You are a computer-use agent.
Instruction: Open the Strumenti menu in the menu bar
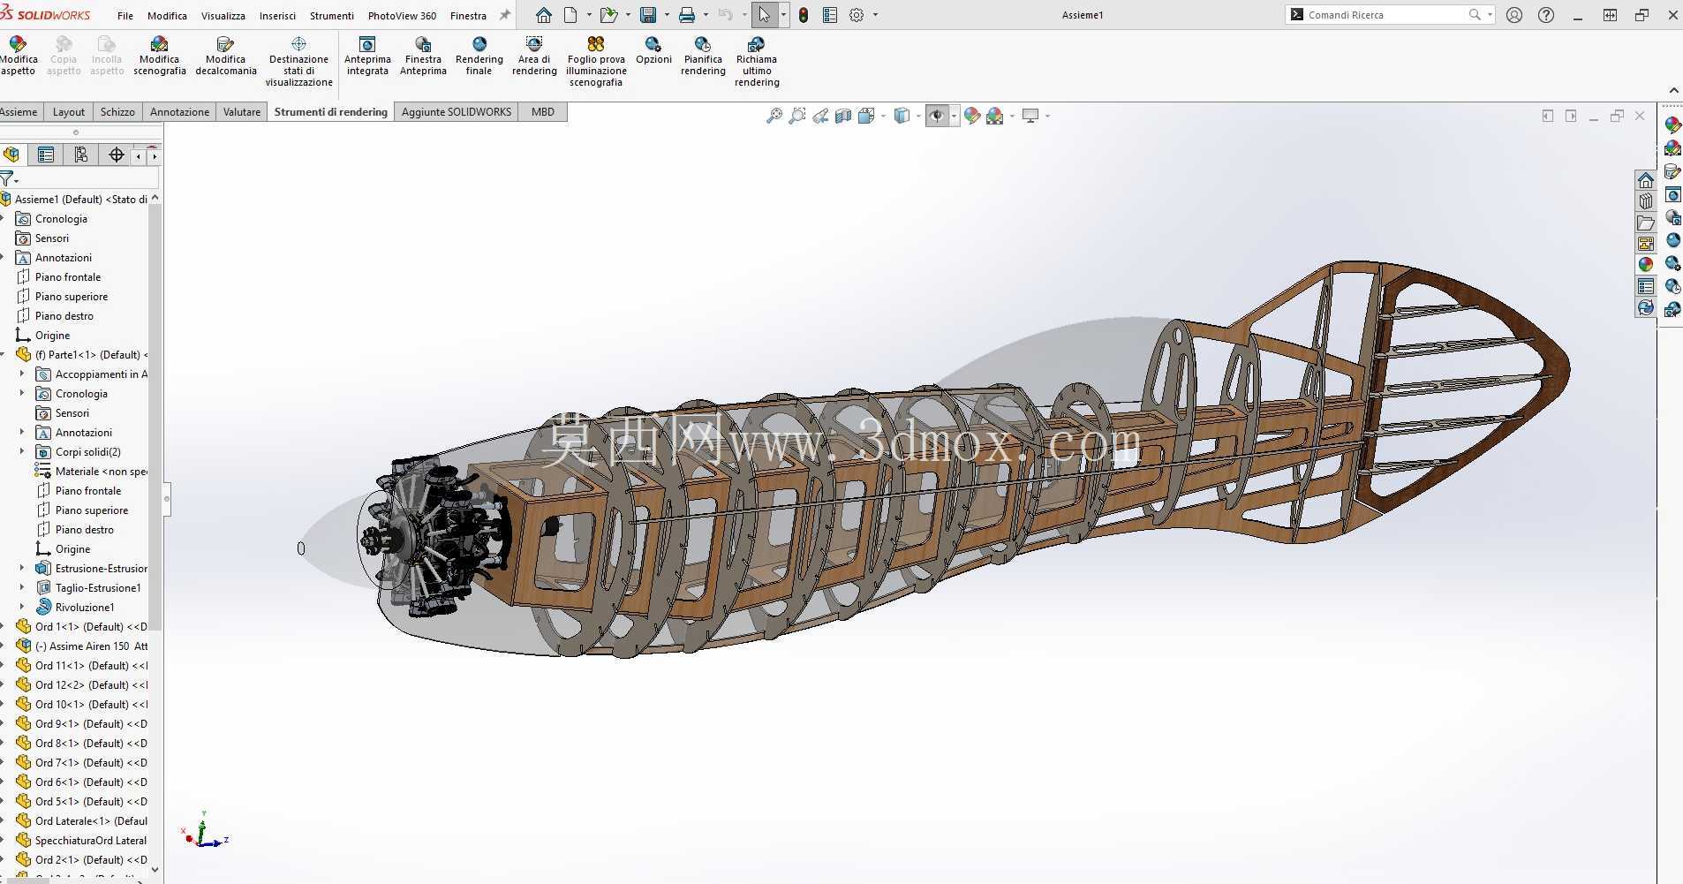331,15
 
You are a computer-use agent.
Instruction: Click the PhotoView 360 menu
402,15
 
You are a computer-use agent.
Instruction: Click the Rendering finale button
479,57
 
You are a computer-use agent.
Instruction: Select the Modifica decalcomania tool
226,57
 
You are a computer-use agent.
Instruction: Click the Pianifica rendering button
703,57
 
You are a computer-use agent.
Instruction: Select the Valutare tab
242,112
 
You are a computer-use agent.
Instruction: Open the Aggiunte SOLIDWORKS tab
457,112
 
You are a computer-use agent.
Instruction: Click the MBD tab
543,112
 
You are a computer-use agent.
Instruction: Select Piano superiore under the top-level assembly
72,297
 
